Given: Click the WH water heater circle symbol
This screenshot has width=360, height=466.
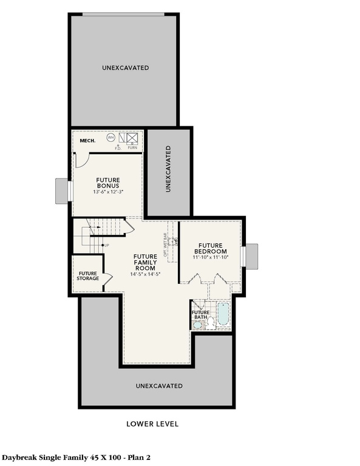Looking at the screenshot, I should (x=111, y=138).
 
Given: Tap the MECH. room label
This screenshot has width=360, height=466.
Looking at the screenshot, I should (x=88, y=141).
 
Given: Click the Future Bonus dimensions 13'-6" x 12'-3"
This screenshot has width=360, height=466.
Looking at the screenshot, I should (x=107, y=192).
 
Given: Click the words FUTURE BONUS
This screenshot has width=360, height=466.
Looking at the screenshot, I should (x=107, y=183).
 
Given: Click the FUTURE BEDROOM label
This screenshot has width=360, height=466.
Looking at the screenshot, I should (x=210, y=248).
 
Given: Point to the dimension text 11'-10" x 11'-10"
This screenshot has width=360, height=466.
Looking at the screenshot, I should (x=210, y=257).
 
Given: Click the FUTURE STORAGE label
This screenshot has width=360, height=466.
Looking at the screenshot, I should (x=89, y=276).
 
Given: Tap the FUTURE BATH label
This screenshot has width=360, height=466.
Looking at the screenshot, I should (x=201, y=315).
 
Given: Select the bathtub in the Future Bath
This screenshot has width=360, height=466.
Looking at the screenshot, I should (x=223, y=314).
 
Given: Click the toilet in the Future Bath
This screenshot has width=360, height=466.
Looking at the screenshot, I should (x=198, y=325).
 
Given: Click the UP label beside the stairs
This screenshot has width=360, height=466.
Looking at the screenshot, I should (x=107, y=245).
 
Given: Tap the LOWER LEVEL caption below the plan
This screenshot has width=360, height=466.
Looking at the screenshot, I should (x=152, y=424).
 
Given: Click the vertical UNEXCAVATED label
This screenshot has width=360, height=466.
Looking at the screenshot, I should (x=168, y=169).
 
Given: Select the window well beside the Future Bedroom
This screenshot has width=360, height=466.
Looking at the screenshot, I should (x=251, y=255).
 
